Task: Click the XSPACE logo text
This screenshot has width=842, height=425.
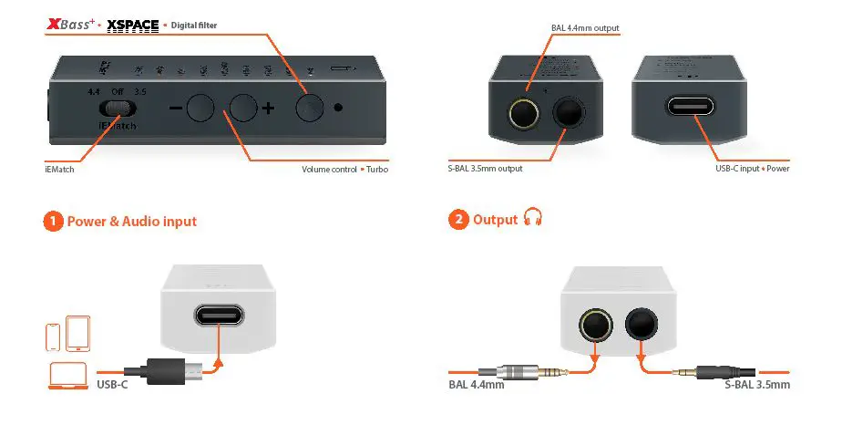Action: point(133,25)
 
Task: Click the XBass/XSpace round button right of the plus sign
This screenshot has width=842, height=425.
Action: point(310,108)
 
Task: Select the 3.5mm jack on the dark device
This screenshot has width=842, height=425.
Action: point(570,113)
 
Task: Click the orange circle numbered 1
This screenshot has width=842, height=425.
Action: point(54,221)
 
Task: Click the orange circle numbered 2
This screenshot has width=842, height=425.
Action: point(458,221)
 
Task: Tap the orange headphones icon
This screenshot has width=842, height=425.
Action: point(533,219)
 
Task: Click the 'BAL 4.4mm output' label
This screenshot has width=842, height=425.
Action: point(585,28)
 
